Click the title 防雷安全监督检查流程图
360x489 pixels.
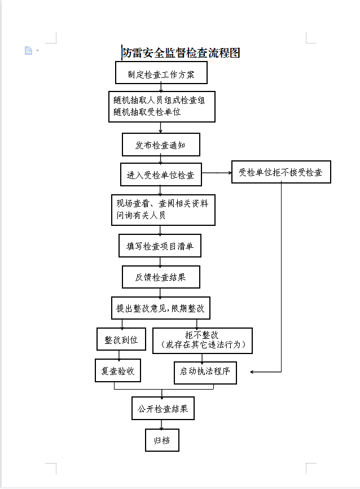click(x=181, y=53)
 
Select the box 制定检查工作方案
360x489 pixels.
click(x=161, y=73)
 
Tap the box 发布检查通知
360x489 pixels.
click(x=161, y=145)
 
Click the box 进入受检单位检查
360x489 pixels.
click(x=161, y=174)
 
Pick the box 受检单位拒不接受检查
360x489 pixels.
click(x=280, y=172)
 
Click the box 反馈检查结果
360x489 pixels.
click(x=161, y=277)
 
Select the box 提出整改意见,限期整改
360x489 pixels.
click(x=161, y=308)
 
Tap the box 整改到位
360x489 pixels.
click(x=121, y=339)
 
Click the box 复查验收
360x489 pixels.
click(x=118, y=371)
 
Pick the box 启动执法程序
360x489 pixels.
click(x=205, y=372)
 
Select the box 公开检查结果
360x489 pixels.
click(x=163, y=408)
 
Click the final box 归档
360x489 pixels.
click(x=162, y=440)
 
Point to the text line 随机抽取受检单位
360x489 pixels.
click(x=147, y=112)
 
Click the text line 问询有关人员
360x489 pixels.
click(x=141, y=215)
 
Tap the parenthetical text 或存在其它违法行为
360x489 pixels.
click(x=202, y=345)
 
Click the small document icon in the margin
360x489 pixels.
click(x=28, y=51)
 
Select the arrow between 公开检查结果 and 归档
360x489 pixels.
click(x=162, y=425)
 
